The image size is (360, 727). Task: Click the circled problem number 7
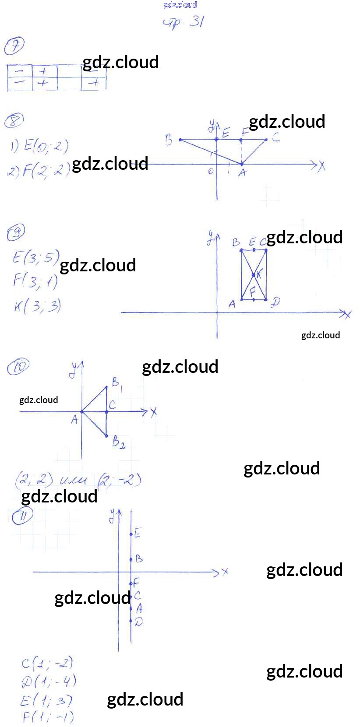point(14,46)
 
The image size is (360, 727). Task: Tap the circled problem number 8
point(14,120)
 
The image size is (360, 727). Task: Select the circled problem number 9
point(16,232)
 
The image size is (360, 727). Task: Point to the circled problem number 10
point(18,366)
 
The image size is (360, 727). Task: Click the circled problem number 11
point(22,516)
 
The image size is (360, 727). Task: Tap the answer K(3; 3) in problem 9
point(37,306)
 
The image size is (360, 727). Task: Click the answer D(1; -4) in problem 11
point(49,681)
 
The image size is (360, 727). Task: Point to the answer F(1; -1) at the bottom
point(47,717)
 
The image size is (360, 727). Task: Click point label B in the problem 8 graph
point(169,140)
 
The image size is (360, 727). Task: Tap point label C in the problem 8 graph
point(275,137)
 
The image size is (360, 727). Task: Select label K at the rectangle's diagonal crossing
point(259,274)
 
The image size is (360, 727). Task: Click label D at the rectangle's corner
point(275,302)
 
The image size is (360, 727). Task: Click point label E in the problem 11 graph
point(138,533)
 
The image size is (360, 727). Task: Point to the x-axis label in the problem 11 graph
point(225,572)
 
